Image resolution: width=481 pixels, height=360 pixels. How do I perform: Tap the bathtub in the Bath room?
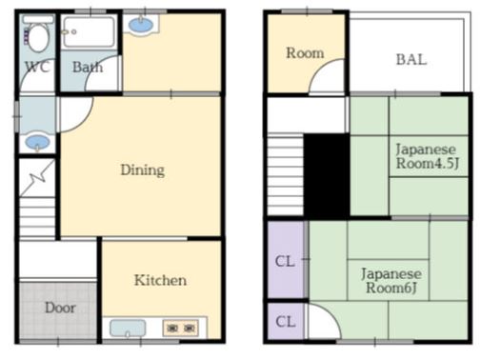(x=89, y=31)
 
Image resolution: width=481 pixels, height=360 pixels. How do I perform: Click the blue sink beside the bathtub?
(x=141, y=25)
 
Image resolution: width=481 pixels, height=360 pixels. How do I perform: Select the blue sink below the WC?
(x=37, y=142)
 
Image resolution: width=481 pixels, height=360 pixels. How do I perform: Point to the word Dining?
(x=143, y=170)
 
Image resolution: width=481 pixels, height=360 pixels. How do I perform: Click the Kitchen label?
(x=160, y=280)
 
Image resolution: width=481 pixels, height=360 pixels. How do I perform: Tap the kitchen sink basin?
(x=128, y=329)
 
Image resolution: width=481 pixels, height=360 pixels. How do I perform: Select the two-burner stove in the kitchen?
(x=181, y=328)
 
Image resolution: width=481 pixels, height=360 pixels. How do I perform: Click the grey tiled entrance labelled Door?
(x=58, y=310)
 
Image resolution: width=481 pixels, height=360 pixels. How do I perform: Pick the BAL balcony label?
(x=411, y=59)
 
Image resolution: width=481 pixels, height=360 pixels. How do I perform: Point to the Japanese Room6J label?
(x=391, y=281)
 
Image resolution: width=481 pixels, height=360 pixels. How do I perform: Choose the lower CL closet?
(x=286, y=321)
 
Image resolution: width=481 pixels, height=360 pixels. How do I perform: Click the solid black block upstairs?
(x=327, y=175)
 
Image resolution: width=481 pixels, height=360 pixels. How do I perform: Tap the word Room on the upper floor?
(x=305, y=53)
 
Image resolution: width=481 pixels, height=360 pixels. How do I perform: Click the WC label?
(x=37, y=67)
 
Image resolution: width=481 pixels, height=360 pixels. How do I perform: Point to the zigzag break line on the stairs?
(x=37, y=178)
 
